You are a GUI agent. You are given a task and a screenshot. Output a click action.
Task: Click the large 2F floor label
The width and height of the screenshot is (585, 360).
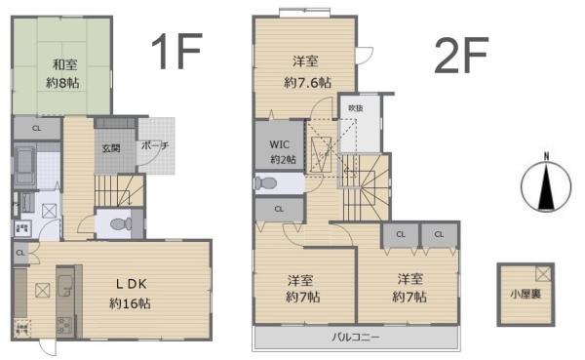point(460,59)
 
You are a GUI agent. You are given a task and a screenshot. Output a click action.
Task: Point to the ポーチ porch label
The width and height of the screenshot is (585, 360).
point(155,146)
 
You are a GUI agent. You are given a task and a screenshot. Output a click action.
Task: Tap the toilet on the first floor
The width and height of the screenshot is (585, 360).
point(119,223)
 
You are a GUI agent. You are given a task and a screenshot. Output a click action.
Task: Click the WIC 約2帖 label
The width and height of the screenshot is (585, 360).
point(282,151)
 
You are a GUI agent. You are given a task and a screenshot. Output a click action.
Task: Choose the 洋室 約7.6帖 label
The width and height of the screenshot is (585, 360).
point(303,71)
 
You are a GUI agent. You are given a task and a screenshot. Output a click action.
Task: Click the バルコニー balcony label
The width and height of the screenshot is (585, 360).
point(354,338)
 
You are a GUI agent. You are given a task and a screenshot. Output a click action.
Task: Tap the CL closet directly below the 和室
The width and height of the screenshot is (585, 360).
point(36,128)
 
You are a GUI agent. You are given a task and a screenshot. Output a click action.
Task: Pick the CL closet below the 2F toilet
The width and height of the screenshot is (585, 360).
point(278,208)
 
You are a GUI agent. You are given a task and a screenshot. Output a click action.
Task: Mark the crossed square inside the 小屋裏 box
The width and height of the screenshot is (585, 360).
point(542,273)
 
